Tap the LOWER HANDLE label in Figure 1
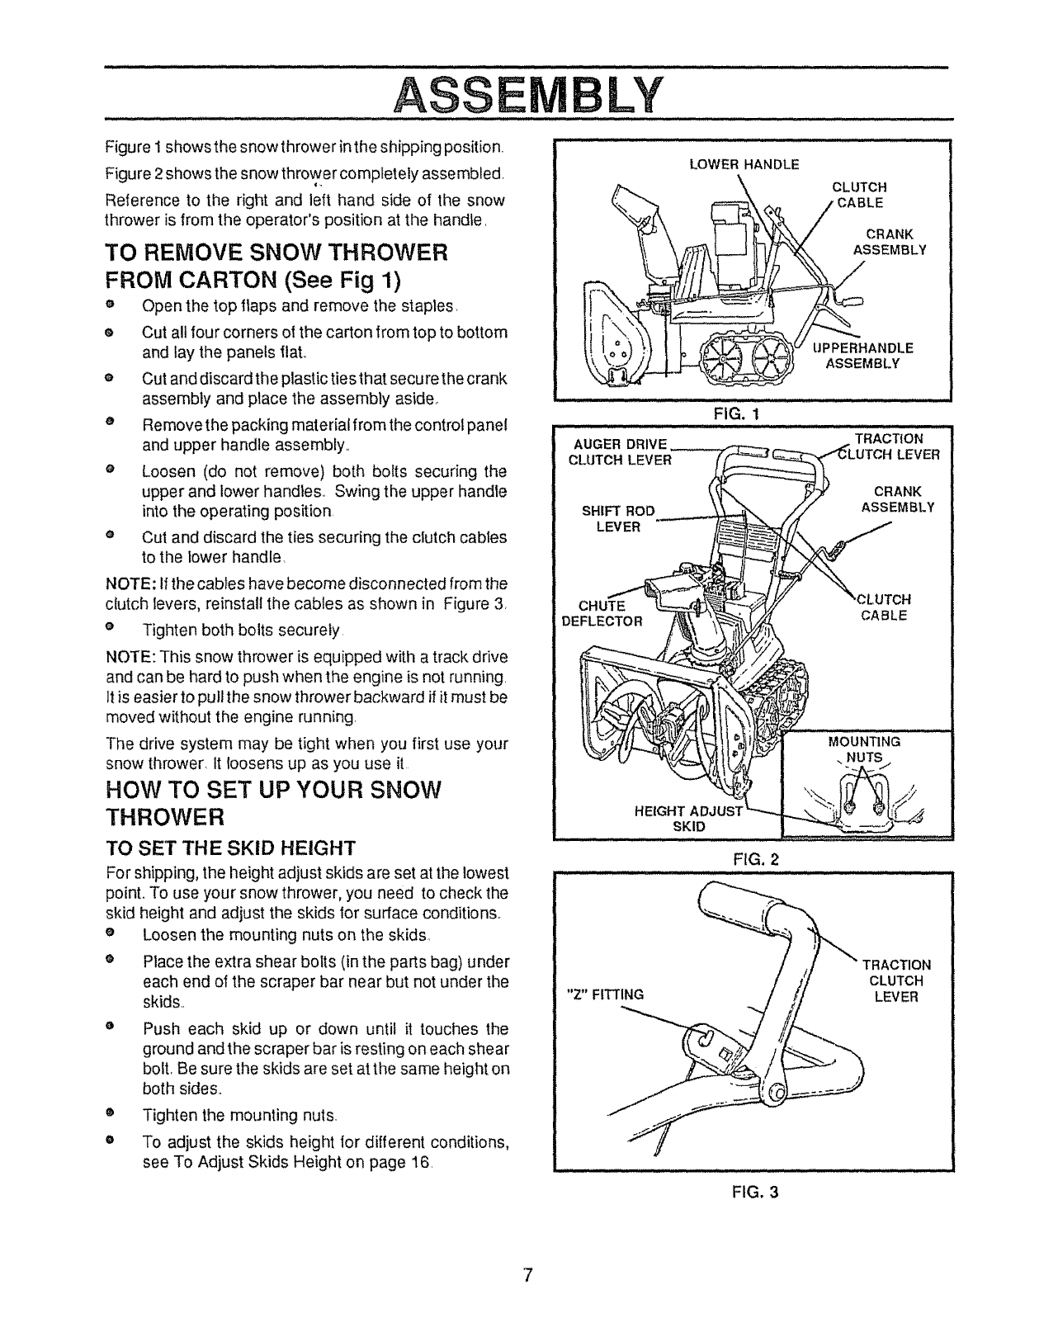click(x=744, y=164)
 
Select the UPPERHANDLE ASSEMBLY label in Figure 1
click(x=862, y=355)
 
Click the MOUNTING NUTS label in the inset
click(x=864, y=749)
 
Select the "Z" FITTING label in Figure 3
click(x=602, y=994)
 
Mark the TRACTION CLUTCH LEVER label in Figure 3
click(x=896, y=980)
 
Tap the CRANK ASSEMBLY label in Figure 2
click(x=897, y=499)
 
